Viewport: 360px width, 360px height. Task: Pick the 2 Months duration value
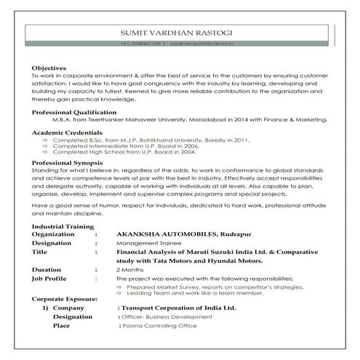(x=128, y=269)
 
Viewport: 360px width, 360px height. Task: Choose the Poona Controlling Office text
(x=159, y=326)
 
